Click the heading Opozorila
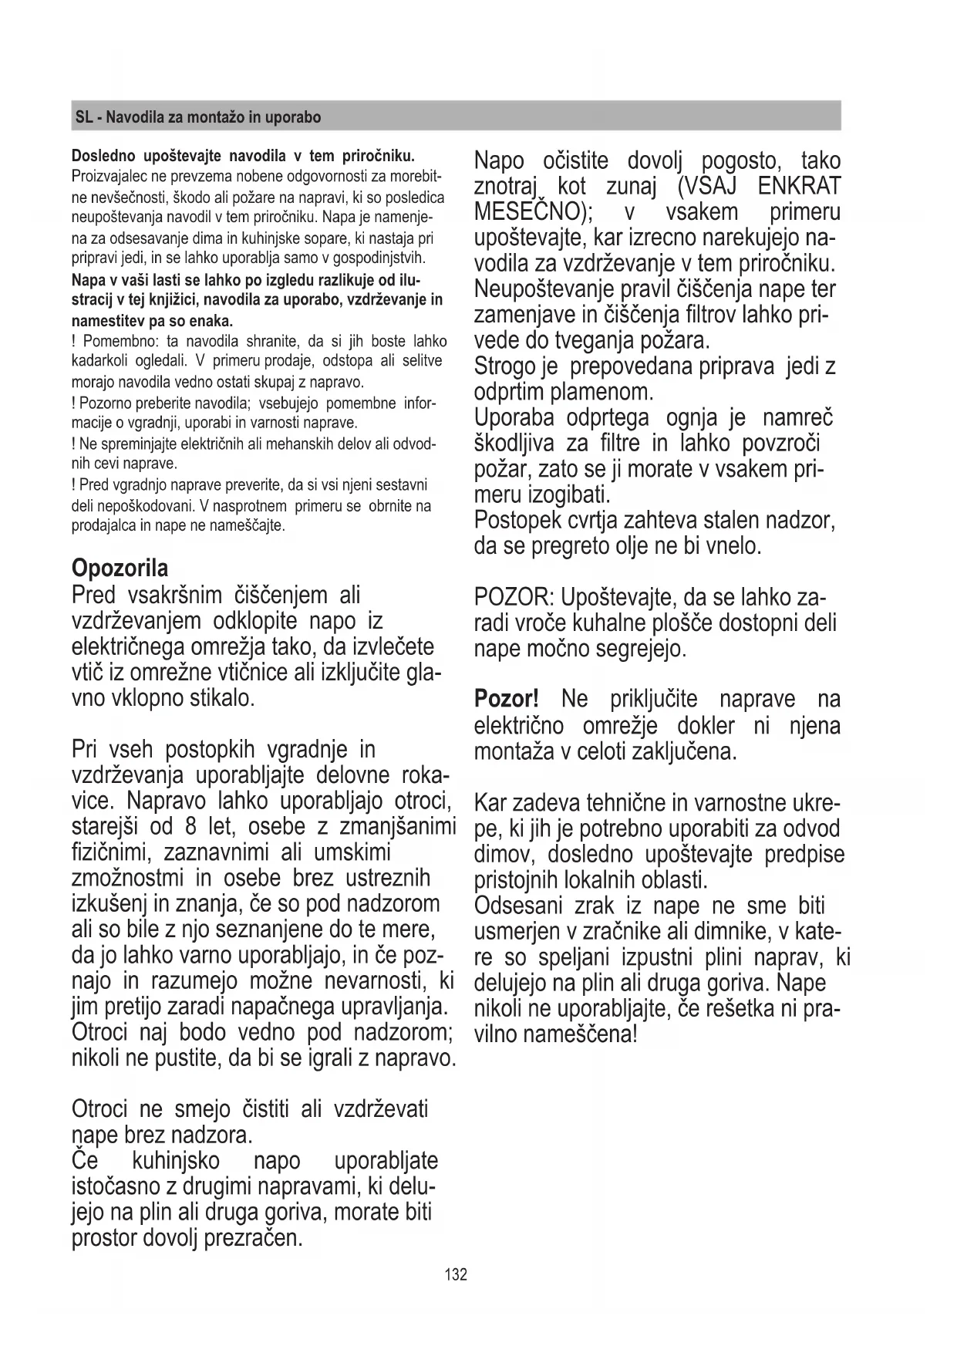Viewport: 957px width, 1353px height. (120, 569)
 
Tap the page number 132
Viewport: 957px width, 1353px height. (456, 1274)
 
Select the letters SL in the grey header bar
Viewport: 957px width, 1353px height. (84, 118)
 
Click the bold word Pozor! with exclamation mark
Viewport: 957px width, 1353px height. (506, 700)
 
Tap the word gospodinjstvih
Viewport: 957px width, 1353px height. (383, 257)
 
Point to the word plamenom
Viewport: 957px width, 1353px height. (601, 393)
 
